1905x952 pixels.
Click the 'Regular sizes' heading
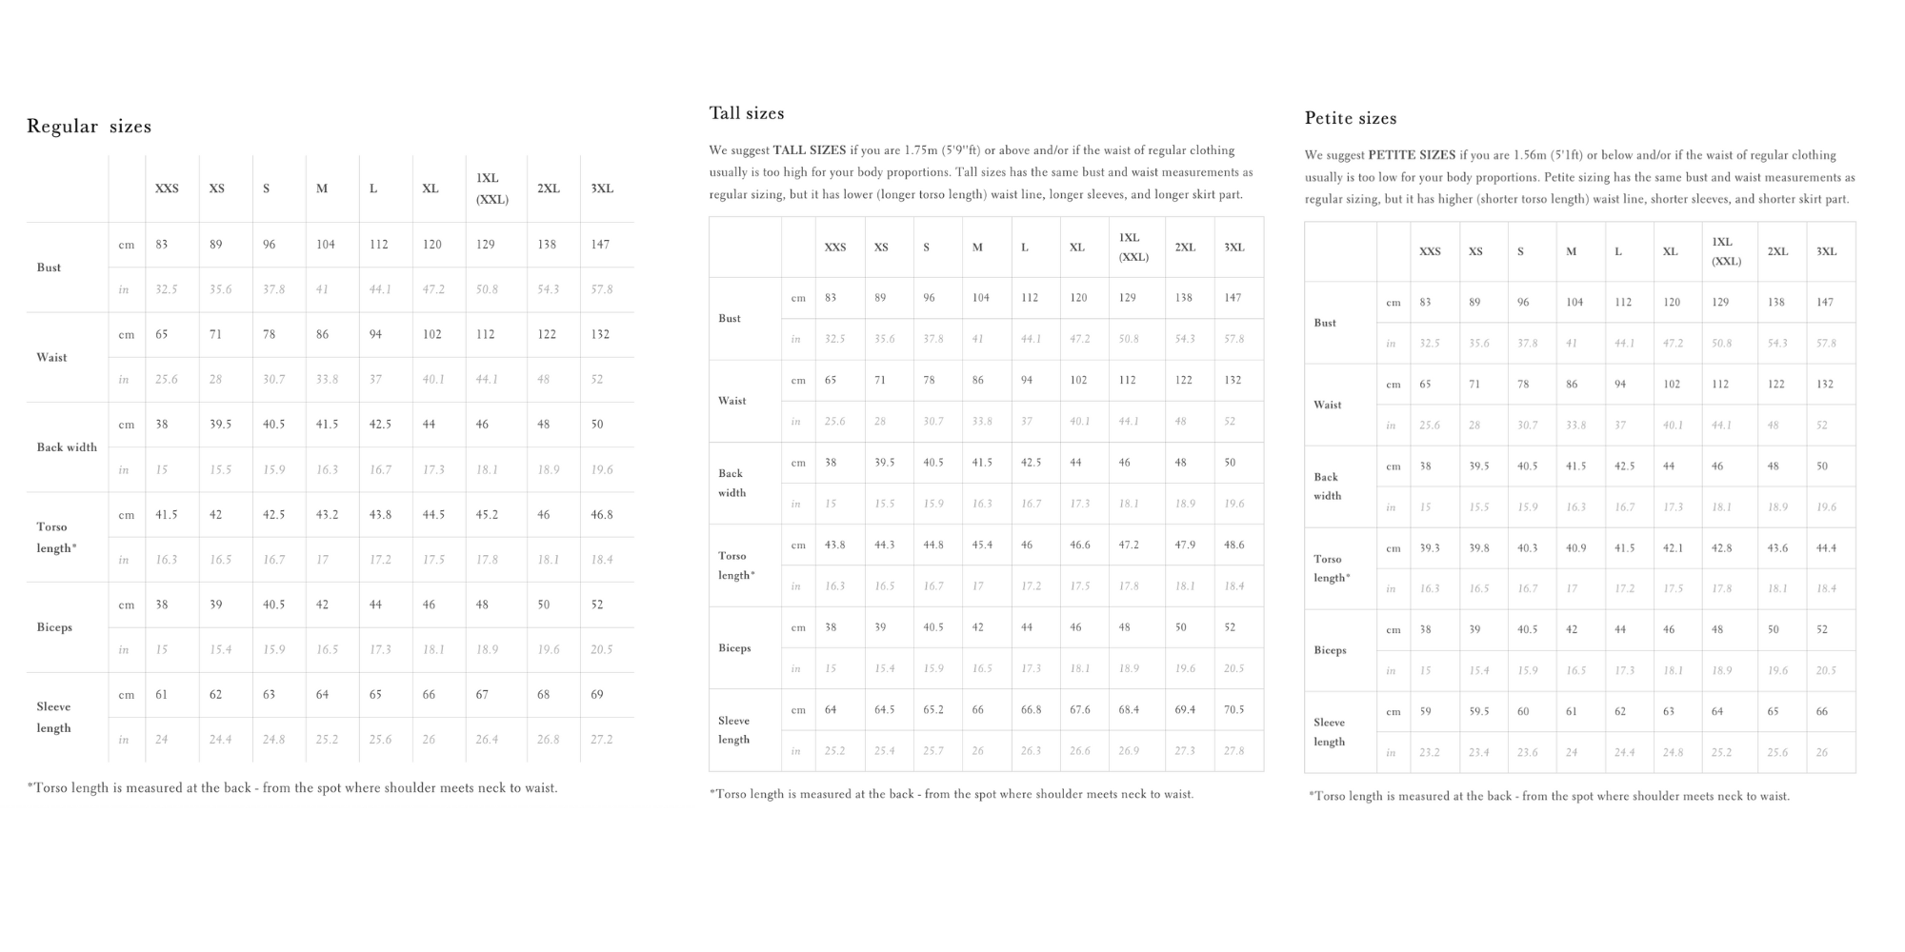coord(89,127)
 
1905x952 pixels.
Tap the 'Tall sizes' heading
coord(746,113)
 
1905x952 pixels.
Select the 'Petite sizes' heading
coord(1350,118)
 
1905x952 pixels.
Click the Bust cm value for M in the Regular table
coord(325,245)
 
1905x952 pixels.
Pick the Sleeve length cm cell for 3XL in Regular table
coord(597,695)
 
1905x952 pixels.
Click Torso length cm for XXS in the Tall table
coord(834,545)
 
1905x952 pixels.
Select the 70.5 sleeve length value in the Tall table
coord(1233,710)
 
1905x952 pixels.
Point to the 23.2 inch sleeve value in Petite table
coord(1429,752)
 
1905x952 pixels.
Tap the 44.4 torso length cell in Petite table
coord(1826,548)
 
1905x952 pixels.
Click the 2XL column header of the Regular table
coord(548,188)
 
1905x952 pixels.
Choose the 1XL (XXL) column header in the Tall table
coord(1133,248)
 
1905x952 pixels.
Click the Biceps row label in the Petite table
coord(1330,650)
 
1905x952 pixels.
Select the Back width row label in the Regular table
coord(67,447)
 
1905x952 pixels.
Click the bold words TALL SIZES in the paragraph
coord(809,150)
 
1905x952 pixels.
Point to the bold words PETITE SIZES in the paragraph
coord(1411,155)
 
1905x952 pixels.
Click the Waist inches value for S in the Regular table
coord(273,380)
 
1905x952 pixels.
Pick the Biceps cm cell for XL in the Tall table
coord(1075,628)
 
